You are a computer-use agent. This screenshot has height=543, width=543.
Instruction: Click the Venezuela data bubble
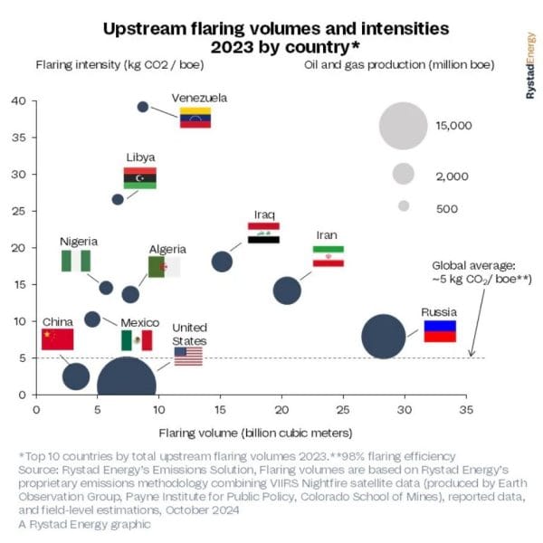point(142,107)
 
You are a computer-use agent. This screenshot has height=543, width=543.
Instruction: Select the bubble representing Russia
point(383,337)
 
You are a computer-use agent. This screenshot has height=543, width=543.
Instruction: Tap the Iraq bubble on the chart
point(222,262)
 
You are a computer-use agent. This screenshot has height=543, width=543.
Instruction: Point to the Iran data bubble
point(287,291)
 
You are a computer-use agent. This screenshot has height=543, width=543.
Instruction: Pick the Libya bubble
point(118,199)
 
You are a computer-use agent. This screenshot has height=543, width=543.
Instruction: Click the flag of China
point(57,339)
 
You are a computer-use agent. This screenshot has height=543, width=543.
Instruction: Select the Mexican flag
point(137,340)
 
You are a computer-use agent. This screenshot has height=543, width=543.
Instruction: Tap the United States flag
point(188,356)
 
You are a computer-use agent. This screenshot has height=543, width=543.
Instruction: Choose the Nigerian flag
point(76,261)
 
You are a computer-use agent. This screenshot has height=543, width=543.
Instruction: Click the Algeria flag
point(164,267)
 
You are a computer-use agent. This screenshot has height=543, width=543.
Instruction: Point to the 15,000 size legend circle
point(404,126)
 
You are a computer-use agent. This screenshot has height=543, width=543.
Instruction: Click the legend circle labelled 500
point(404,206)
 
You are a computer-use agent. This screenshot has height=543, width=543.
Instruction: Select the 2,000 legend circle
point(404,173)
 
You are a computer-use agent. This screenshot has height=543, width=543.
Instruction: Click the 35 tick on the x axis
point(467,409)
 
